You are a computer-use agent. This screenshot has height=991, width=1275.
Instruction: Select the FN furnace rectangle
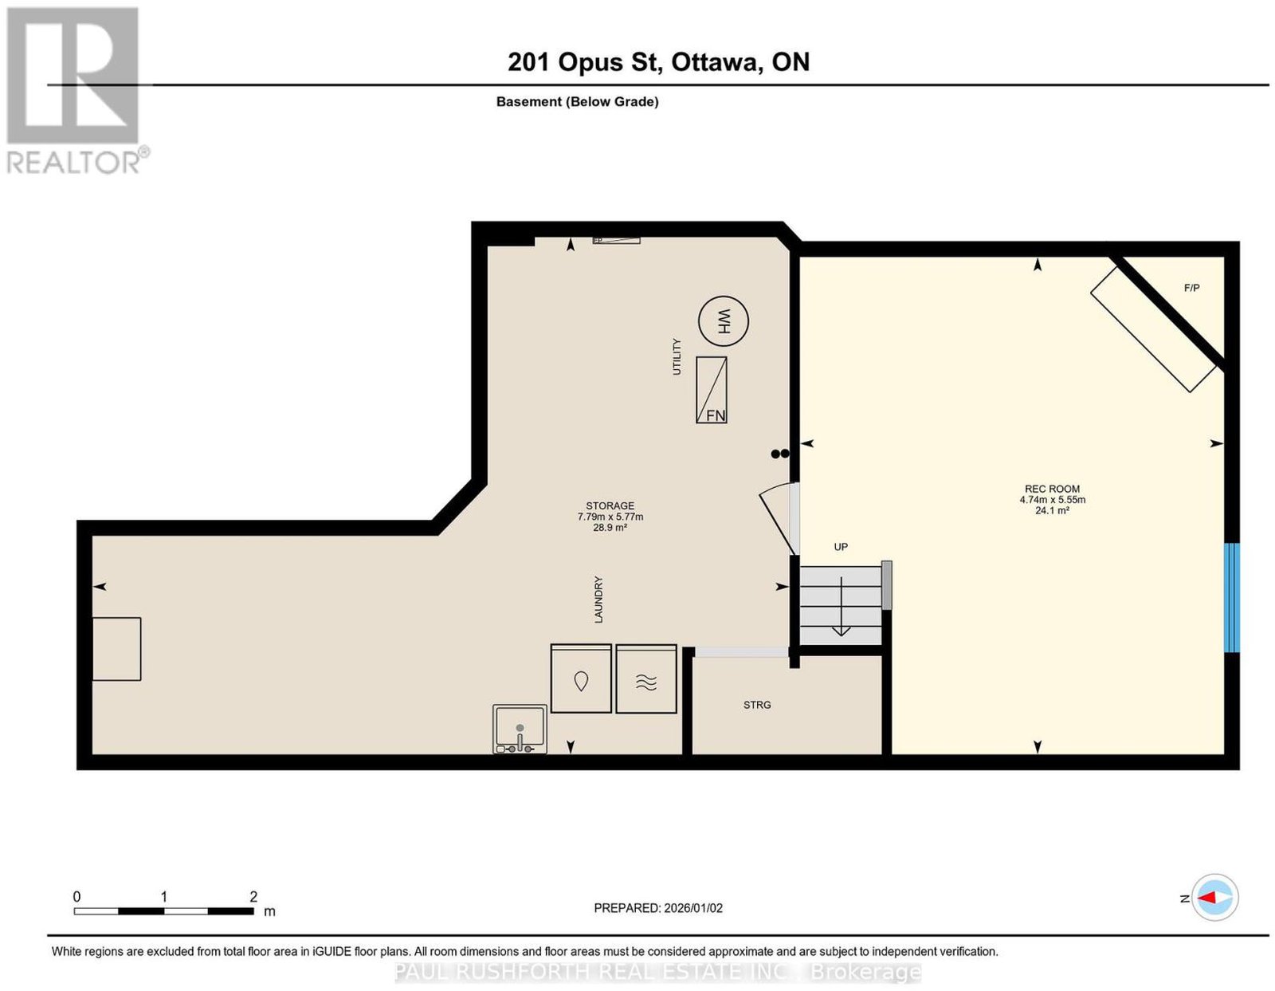pos(711,390)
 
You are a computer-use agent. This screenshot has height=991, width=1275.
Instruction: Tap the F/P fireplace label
pos(1191,288)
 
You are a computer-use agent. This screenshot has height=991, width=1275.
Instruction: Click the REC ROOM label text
pos(1052,488)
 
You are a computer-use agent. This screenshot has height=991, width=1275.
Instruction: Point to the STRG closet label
pos(757,705)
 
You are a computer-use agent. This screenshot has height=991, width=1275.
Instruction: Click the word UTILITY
pos(677,356)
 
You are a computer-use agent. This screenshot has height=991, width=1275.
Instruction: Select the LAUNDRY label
pos(598,599)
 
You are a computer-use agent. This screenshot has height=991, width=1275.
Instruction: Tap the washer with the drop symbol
pos(581,678)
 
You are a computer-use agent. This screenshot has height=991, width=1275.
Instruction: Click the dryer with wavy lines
pos(646,678)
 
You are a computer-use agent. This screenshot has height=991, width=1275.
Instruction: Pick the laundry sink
pos(520,729)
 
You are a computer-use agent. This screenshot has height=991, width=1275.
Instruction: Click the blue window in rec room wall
pos(1232,597)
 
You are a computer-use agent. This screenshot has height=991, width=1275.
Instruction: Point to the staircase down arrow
pos(841,606)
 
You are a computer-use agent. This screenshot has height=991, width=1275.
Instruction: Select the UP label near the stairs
pos(841,547)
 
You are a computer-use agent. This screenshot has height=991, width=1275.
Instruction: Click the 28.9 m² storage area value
pos(610,528)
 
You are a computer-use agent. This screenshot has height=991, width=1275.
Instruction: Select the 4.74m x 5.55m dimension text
pos(1052,500)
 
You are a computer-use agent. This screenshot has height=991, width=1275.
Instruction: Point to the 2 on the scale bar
pos(253,897)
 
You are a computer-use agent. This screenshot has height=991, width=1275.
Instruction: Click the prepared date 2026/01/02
pos(693,908)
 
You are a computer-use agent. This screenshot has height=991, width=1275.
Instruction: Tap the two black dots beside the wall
pos(780,454)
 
